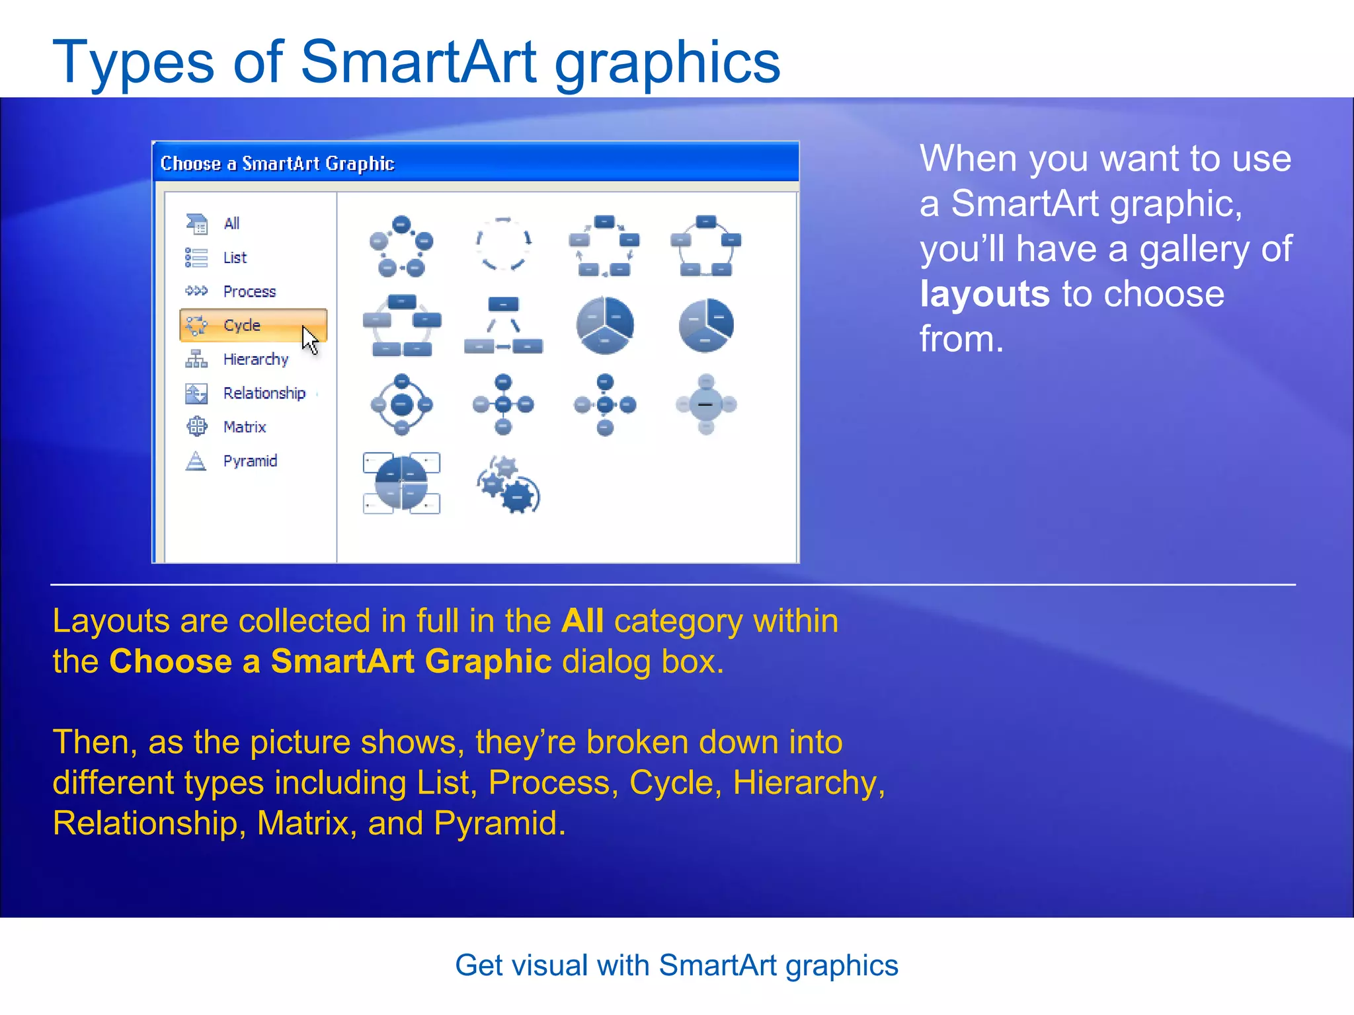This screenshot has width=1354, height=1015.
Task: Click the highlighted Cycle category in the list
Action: pyautogui.click(x=242, y=325)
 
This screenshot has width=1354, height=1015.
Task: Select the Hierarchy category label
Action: pyautogui.click(x=256, y=359)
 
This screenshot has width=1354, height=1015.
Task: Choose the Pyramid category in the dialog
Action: pyautogui.click(x=250, y=461)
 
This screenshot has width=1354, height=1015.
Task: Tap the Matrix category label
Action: pyautogui.click(x=245, y=427)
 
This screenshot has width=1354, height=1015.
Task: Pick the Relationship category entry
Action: pyautogui.click(x=264, y=393)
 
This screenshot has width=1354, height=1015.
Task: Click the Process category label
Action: pyautogui.click(x=249, y=291)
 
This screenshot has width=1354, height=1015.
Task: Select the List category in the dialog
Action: pyautogui.click(x=235, y=258)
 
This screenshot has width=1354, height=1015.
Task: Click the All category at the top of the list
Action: pyautogui.click(x=231, y=223)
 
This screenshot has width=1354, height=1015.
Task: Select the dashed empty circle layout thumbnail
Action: pyautogui.click(x=503, y=244)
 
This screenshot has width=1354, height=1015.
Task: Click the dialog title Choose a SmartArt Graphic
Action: pyautogui.click(x=277, y=163)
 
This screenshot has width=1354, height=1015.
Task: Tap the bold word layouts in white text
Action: pyautogui.click(x=984, y=294)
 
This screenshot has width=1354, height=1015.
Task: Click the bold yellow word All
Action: pyautogui.click(x=582, y=621)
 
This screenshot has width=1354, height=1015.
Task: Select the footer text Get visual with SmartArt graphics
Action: pyautogui.click(x=676, y=965)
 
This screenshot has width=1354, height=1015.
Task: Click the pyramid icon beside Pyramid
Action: pyautogui.click(x=196, y=461)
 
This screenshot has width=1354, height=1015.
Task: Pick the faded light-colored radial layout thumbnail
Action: pyautogui.click(x=705, y=404)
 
